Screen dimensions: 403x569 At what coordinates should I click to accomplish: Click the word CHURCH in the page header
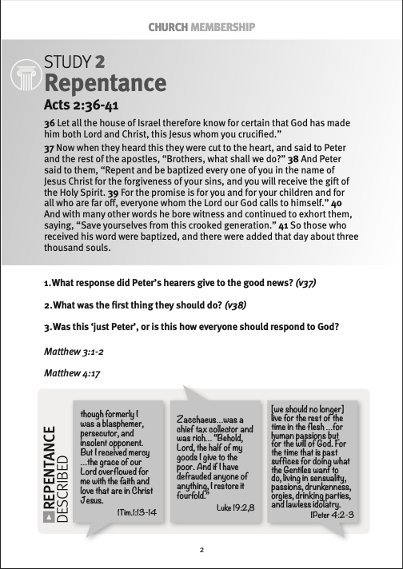[x=167, y=27]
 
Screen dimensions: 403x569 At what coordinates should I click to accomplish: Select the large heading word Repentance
[x=106, y=83]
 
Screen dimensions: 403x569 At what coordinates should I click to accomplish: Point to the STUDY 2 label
[x=75, y=62]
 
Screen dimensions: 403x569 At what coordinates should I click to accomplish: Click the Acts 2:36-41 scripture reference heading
[x=86, y=105]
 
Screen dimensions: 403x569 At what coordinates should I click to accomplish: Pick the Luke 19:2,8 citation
[x=235, y=507]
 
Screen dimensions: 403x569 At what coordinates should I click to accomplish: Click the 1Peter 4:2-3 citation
[x=331, y=515]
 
